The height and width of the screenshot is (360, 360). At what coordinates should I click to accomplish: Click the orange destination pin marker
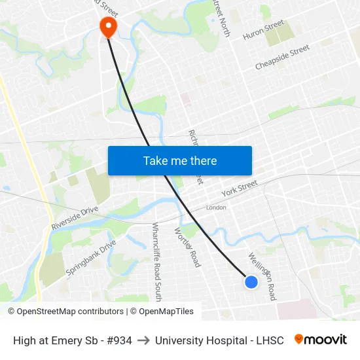pos(107,26)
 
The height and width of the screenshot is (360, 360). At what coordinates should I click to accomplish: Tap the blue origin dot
pos(251,282)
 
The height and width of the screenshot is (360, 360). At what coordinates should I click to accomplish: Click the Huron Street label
pos(263,31)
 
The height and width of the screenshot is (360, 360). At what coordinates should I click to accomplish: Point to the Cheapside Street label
pos(282,57)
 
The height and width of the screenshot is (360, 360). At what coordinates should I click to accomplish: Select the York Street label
pos(240,190)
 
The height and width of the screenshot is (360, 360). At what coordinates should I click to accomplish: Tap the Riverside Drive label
pos(74,219)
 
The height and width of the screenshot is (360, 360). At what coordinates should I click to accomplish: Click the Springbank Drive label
pos(90,259)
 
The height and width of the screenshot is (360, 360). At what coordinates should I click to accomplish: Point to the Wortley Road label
pos(187,247)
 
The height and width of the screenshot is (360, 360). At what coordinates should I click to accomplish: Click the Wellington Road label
pos(262,276)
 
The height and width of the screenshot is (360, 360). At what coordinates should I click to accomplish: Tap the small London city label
pos(216,207)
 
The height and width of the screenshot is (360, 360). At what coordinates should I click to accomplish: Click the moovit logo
pos(321,340)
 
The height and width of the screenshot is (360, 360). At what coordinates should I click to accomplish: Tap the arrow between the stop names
pos(143,340)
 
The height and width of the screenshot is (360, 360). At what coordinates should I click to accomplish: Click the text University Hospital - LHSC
pos(219,340)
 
